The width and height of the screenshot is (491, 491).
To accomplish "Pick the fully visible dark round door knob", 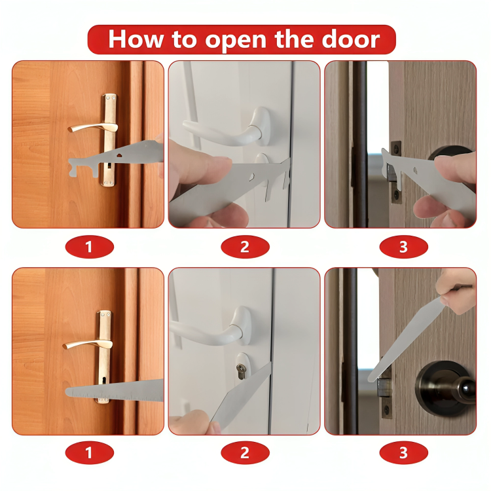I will point(445,386).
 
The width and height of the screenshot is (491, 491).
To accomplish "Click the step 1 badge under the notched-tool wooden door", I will point(89,247).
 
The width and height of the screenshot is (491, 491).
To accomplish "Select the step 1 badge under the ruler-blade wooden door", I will point(89,452).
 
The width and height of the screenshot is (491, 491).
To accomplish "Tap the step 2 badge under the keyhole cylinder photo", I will point(245,452).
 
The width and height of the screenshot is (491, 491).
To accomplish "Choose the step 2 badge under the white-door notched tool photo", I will point(245,247).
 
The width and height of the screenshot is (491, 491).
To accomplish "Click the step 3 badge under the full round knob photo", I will point(403,452).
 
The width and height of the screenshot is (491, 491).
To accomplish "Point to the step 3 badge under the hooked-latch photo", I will point(403,247).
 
